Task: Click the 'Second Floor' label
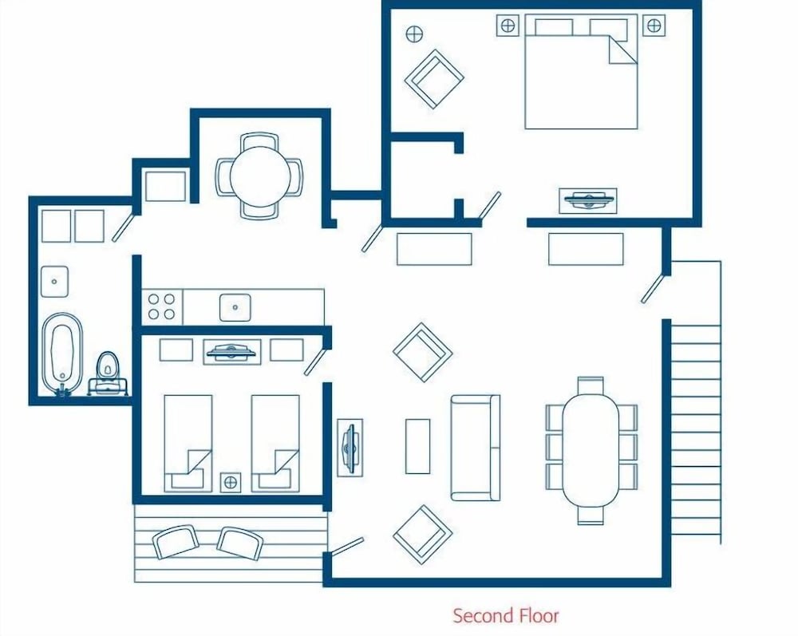506,615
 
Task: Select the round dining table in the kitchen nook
259,176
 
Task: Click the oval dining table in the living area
591,450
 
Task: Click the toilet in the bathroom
107,369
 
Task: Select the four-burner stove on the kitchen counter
161,306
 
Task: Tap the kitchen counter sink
235,306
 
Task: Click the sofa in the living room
476,447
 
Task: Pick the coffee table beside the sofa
417,446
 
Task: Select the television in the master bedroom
588,199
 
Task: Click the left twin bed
188,443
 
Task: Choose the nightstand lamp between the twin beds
231,481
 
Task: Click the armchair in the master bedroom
434,78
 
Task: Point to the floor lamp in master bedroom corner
414,34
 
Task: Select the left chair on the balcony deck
176,542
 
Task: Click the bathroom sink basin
54,278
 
